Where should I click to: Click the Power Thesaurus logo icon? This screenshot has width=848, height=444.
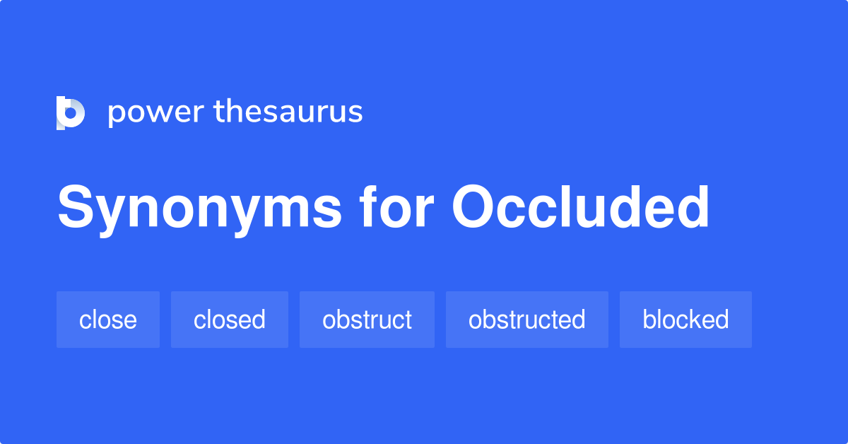(x=71, y=113)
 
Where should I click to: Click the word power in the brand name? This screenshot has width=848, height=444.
(x=156, y=113)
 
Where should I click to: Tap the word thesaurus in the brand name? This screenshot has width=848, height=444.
(x=288, y=111)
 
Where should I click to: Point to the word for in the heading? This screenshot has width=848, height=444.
(x=396, y=207)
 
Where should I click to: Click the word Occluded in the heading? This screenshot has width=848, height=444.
(x=580, y=207)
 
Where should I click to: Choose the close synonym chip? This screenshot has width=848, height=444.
(x=108, y=320)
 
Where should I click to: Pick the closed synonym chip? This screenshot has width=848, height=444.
(x=230, y=320)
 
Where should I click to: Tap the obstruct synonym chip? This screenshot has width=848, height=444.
(x=367, y=320)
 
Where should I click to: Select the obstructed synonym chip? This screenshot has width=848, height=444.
(x=527, y=320)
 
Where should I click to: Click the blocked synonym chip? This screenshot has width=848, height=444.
(x=685, y=320)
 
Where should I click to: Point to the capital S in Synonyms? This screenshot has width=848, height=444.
(x=76, y=207)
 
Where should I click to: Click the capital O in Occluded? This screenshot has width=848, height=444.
(x=473, y=207)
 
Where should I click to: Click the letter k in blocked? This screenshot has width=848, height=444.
(x=681, y=318)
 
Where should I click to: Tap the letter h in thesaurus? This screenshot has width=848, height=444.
(x=238, y=110)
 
